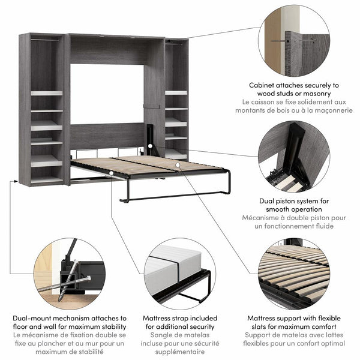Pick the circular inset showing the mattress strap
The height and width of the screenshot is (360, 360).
[179, 273]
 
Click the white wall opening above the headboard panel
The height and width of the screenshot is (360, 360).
[106, 94]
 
